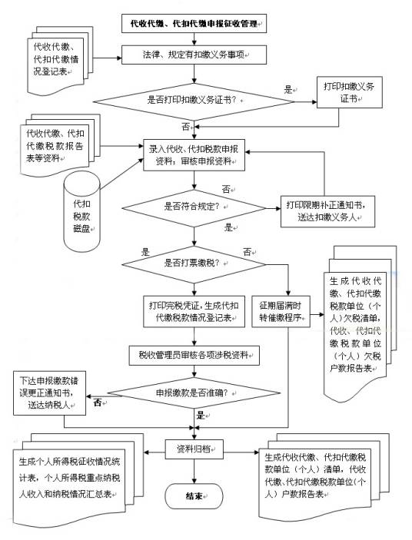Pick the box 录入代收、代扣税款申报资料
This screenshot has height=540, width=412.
tap(193, 156)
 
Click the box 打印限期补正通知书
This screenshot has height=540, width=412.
tap(328, 210)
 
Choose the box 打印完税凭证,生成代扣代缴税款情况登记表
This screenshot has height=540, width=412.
tap(193, 310)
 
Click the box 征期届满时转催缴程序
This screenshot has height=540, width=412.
tap(285, 310)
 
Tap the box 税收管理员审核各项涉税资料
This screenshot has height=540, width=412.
tap(193, 354)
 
